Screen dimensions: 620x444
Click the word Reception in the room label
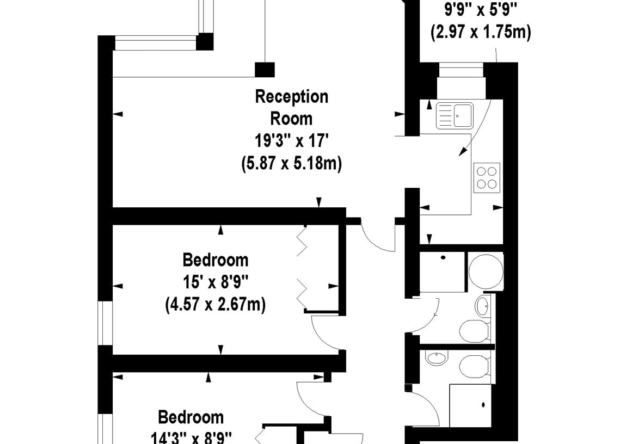(291, 97)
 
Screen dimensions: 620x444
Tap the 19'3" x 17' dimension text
(291, 140)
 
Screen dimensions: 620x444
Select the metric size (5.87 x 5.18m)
(291, 163)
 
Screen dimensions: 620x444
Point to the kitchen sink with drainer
(455, 116)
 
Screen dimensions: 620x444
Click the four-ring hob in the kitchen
(487, 178)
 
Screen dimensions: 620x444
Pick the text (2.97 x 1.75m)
(481, 32)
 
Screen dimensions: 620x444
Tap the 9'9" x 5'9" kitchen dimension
(481, 9)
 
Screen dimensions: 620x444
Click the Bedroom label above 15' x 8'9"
(216, 260)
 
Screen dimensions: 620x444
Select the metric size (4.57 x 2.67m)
(216, 305)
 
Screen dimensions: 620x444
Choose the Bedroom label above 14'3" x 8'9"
(191, 417)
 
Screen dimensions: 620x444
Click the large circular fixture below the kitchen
(486, 271)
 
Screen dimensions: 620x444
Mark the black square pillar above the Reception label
(265, 70)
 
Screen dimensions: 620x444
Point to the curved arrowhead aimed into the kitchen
(463, 151)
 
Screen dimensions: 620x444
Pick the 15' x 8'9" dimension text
(216, 282)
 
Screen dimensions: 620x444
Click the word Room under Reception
(291, 119)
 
